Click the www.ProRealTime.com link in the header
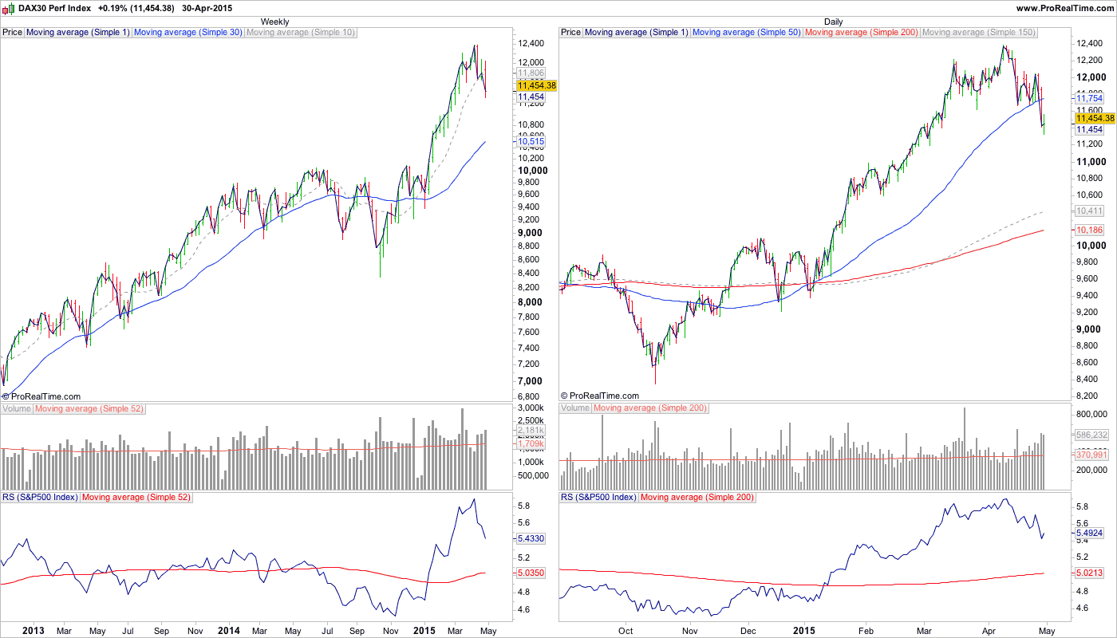(x=1064, y=8)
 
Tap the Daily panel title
(x=833, y=22)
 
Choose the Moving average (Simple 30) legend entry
(x=188, y=33)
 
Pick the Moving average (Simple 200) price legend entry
(x=862, y=33)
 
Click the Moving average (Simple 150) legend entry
(x=978, y=33)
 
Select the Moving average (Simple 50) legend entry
(x=747, y=33)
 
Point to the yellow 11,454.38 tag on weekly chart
(x=536, y=85)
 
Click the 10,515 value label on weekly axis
(x=531, y=142)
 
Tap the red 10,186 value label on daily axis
(x=1089, y=230)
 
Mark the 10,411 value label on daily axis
(x=1089, y=211)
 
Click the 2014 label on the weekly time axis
(x=229, y=630)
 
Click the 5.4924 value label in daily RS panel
(x=1091, y=533)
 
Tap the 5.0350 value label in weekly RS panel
(x=532, y=573)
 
